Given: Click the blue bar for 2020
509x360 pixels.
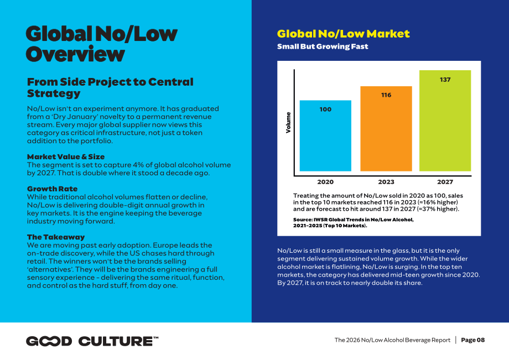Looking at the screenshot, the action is [325, 135].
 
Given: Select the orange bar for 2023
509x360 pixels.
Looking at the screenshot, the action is [386, 128].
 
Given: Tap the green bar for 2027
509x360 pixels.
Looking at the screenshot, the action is [445, 121].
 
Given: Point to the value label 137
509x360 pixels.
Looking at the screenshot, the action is [445, 80].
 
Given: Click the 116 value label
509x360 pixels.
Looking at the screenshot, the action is [386, 95].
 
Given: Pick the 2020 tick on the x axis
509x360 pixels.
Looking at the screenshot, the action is [325, 182].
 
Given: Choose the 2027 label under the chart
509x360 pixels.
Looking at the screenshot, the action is [445, 182].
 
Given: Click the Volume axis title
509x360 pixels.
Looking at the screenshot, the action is [288, 123].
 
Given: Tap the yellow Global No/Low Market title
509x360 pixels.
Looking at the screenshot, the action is [343, 34].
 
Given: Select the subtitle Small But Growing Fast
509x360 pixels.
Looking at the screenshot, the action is [323, 46].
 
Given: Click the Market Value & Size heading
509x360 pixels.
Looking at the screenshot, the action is [66, 156].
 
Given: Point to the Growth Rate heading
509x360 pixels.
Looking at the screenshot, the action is [52, 189].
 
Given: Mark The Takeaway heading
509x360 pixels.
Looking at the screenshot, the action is [56, 237].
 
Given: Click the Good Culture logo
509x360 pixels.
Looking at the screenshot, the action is [92, 341].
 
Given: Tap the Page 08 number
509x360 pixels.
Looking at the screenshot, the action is [472, 340].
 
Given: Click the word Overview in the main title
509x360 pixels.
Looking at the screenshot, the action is [75, 54].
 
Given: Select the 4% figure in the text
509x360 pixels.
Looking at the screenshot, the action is [138, 165].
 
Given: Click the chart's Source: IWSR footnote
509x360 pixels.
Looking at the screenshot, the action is [353, 222].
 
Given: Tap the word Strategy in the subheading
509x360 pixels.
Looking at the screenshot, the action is [54, 93].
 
